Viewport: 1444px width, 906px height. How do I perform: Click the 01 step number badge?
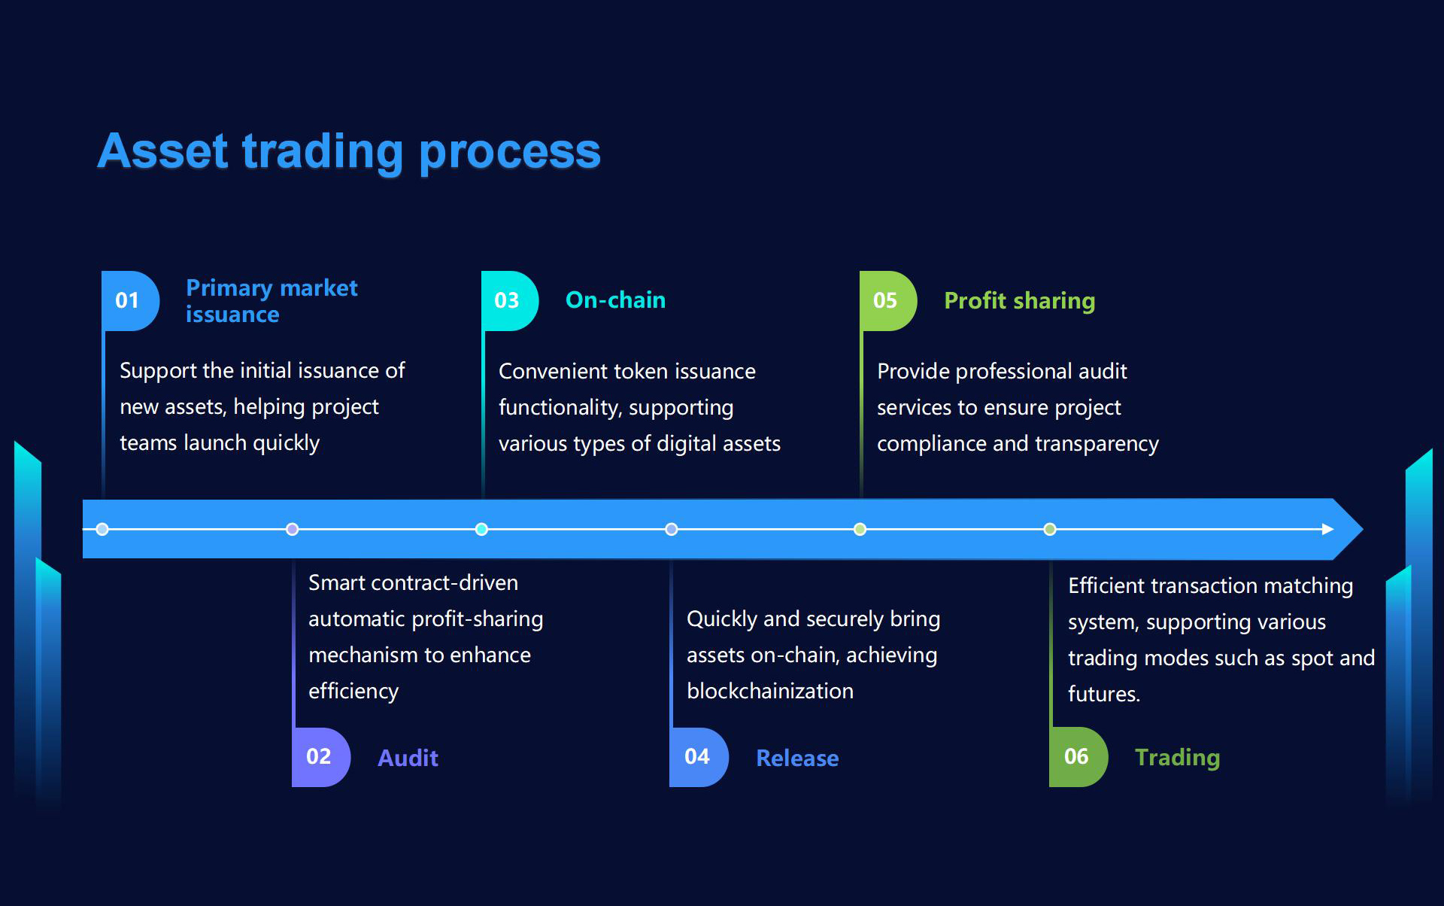pyautogui.click(x=129, y=300)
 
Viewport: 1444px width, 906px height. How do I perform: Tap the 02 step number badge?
pyautogui.click(x=320, y=756)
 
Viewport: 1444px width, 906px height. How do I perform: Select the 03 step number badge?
pyautogui.click(x=508, y=300)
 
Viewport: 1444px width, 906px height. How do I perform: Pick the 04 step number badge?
pyautogui.click(x=698, y=756)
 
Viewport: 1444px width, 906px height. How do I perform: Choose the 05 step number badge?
pyautogui.click(x=887, y=300)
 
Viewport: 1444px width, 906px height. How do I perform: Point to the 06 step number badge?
pyautogui.click(x=1077, y=756)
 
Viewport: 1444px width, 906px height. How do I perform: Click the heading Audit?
pyautogui.click(x=408, y=758)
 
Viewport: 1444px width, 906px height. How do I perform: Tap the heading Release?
pyautogui.click(x=797, y=758)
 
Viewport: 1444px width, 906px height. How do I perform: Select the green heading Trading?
pyautogui.click(x=1177, y=757)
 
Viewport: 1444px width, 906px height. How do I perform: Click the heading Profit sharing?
pyautogui.click(x=1019, y=301)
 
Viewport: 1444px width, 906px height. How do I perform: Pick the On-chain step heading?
pyautogui.click(x=615, y=300)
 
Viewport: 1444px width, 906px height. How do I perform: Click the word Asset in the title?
pyautogui.click(x=162, y=151)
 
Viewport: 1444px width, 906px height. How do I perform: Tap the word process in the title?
pyautogui.click(x=509, y=153)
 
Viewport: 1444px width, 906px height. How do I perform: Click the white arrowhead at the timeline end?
pyautogui.click(x=1327, y=529)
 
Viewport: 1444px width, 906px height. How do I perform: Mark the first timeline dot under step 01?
pyautogui.click(x=103, y=529)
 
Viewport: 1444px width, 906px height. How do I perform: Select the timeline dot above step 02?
pyautogui.click(x=293, y=529)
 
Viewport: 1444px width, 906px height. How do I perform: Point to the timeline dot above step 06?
pyautogui.click(x=1050, y=529)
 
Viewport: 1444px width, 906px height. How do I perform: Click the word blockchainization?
pyautogui.click(x=770, y=691)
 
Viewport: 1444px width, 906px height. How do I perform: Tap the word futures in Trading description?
pyautogui.click(x=1103, y=694)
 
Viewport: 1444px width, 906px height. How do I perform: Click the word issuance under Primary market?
pyautogui.click(x=232, y=315)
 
